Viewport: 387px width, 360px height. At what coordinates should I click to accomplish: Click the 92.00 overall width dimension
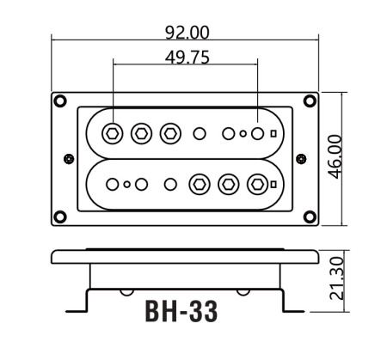pos(187,32)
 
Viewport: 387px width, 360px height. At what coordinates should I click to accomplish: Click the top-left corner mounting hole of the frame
pos(60,101)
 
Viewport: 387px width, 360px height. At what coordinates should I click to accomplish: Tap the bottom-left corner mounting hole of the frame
pos(60,216)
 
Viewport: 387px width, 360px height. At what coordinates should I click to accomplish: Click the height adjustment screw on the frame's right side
pos(300,159)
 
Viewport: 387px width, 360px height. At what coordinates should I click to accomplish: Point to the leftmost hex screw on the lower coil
pos(200,184)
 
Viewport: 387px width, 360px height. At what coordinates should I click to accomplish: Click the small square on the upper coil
pos(273,133)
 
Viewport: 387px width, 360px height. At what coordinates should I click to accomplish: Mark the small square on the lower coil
pos(273,184)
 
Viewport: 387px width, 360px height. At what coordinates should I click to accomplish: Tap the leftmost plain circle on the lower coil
pos(112,184)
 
